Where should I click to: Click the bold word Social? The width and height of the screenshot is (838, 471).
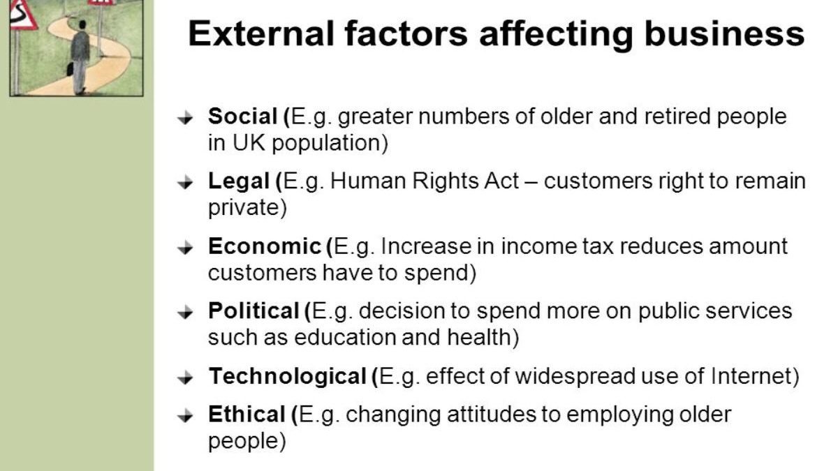[x=243, y=117]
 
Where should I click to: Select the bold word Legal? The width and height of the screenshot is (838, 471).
[x=239, y=181]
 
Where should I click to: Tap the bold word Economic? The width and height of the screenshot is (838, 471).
[x=263, y=246]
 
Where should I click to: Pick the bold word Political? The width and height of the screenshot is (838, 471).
[x=253, y=311]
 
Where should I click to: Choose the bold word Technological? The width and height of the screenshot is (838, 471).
[x=287, y=376]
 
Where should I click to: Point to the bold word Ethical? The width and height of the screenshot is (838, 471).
[x=247, y=414]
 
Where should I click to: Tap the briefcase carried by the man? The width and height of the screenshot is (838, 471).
[x=70, y=68]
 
